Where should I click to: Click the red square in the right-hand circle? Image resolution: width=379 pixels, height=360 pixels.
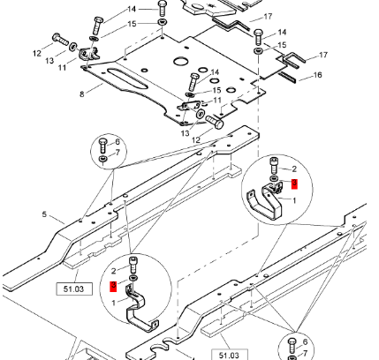tap(295, 184)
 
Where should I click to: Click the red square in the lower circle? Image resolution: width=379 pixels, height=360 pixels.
tap(113, 286)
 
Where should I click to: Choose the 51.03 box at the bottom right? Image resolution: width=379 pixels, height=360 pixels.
tap(228, 354)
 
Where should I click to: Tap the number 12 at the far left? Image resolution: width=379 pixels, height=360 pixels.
tap(38, 54)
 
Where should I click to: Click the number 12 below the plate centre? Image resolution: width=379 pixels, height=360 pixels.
tap(195, 139)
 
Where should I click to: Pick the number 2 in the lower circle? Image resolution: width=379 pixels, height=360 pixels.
tap(114, 270)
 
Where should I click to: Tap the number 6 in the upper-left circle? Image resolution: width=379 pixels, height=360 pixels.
tap(117, 141)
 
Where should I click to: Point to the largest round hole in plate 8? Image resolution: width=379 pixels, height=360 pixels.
tap(182, 61)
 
